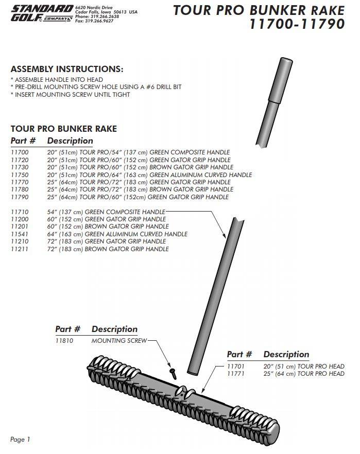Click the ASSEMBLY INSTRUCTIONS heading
tap(67, 69)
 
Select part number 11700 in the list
tap(20, 152)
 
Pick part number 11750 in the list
tap(20, 175)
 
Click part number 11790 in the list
tap(20, 197)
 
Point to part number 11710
tap(20, 212)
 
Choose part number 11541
tap(20, 234)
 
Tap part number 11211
tap(20, 249)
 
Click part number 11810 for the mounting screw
tap(64, 341)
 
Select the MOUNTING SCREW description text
tap(119, 341)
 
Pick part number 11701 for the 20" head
tap(236, 366)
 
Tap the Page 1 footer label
tap(21, 439)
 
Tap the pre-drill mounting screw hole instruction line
tap(96, 87)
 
